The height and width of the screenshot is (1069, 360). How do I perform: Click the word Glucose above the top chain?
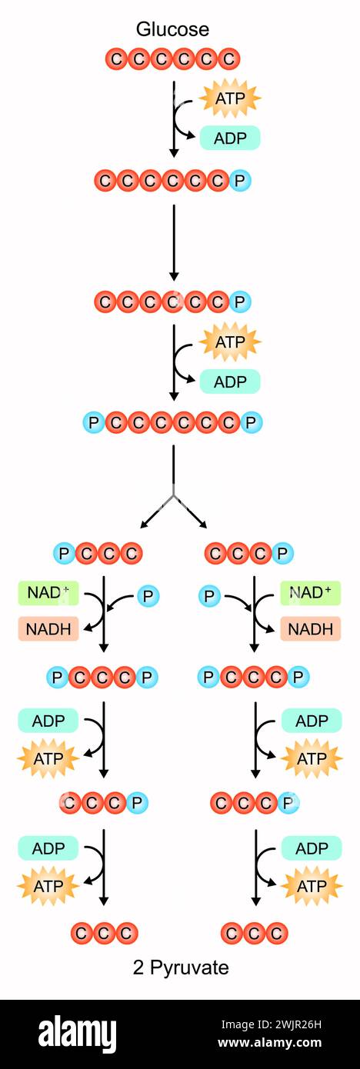click(172, 29)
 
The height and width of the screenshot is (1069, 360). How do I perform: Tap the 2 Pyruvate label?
click(181, 967)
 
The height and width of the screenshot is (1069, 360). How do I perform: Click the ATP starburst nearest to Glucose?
click(230, 98)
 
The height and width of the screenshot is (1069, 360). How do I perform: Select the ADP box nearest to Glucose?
click(230, 138)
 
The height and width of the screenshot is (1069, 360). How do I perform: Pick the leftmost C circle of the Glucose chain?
click(117, 58)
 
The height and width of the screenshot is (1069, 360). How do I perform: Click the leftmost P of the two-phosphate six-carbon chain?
click(94, 422)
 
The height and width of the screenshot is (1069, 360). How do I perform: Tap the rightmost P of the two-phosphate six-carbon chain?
click(252, 422)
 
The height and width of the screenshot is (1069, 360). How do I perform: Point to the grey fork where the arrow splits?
click(174, 495)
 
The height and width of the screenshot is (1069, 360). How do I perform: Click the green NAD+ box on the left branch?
click(48, 593)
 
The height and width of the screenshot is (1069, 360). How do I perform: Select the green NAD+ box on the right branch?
click(310, 593)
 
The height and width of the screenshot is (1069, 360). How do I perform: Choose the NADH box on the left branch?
click(48, 629)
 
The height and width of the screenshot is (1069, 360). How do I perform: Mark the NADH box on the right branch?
click(310, 629)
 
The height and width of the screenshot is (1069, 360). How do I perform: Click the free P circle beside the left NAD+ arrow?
click(148, 595)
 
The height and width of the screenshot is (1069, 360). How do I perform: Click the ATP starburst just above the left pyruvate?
click(48, 887)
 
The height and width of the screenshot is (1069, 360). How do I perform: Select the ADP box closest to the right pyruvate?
click(312, 848)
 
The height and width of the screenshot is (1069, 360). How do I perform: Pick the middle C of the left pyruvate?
click(105, 933)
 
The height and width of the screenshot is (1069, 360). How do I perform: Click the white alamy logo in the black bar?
click(78, 1034)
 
